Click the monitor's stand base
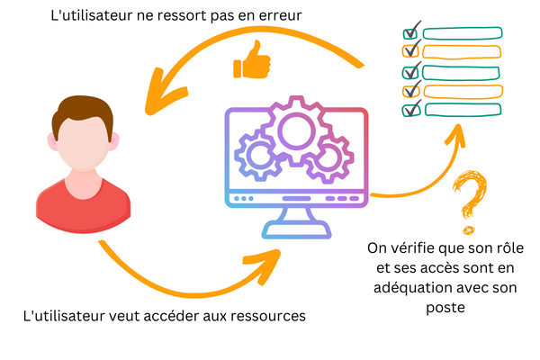coord(298,233)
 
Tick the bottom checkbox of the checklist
coord(412,110)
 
